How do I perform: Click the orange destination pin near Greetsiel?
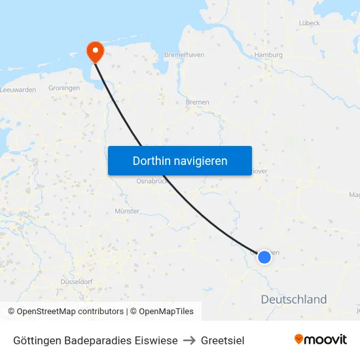[96, 51]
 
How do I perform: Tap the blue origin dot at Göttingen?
[264, 257]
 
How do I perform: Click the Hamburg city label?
[269, 55]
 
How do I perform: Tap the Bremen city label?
[197, 102]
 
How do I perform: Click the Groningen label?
[64, 88]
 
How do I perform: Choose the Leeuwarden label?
[18, 89]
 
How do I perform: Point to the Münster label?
[127, 211]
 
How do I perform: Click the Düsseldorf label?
[76, 281]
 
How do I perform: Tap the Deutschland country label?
[294, 300]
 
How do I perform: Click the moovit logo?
[321, 339]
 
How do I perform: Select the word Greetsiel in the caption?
[223, 340]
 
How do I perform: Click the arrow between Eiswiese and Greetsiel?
[190, 340]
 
